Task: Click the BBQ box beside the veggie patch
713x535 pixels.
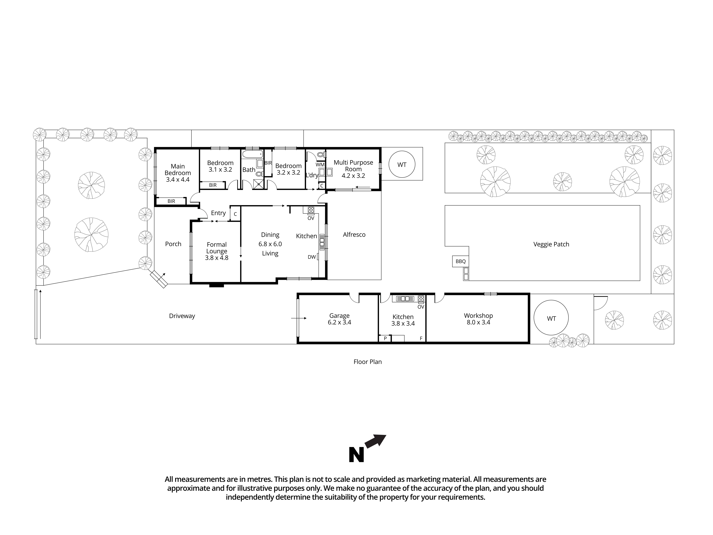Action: tap(460, 261)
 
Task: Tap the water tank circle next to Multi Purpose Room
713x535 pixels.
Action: tap(402, 165)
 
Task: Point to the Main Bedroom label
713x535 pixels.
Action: tap(178, 170)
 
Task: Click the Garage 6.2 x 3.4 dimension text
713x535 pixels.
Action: tap(339, 322)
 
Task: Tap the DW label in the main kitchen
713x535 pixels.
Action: tap(311, 257)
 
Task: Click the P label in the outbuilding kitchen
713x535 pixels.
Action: tap(385, 339)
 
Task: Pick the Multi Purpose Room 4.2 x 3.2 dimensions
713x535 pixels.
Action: tap(353, 176)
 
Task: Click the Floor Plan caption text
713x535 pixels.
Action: tap(367, 362)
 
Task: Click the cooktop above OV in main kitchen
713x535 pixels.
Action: tap(311, 210)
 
